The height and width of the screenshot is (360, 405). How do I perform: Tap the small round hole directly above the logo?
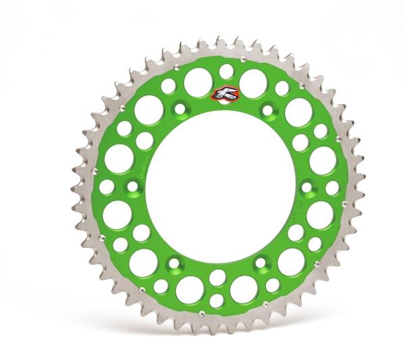pos(227,71)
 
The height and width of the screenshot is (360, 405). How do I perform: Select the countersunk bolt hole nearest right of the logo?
pos(268,109)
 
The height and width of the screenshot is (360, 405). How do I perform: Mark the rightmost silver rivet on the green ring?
pos(344,203)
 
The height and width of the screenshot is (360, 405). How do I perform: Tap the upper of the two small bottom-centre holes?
pos(217,277)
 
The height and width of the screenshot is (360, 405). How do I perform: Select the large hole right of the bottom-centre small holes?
pos(244,289)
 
